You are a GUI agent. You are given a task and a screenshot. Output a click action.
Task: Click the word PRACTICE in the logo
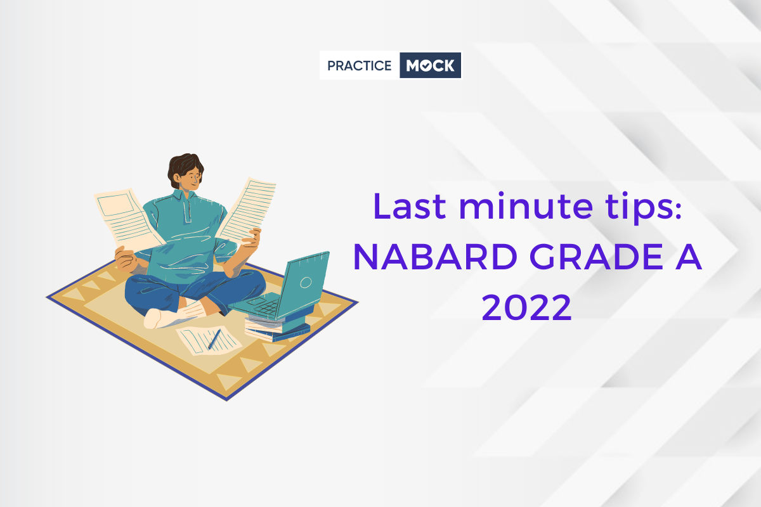pyautogui.click(x=359, y=65)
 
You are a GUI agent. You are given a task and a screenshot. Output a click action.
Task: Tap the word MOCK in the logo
pyautogui.click(x=430, y=65)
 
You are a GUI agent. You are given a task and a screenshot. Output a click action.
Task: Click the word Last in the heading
pyautogui.click(x=409, y=206)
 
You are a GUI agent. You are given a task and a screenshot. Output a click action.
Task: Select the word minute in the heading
pyautogui.click(x=526, y=206)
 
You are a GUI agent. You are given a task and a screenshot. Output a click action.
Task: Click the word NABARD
pyautogui.click(x=435, y=257)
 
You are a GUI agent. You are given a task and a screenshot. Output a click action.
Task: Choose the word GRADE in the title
pyautogui.click(x=596, y=257)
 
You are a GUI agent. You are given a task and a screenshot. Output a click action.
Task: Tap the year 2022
pyautogui.click(x=526, y=307)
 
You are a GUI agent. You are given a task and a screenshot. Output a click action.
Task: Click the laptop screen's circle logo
pyautogui.click(x=306, y=282)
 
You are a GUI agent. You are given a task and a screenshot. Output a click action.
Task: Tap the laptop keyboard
pyautogui.click(x=263, y=305)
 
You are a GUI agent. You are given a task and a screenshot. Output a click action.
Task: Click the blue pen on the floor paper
pyautogui.click(x=214, y=339)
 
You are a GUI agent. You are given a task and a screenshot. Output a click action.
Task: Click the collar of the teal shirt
pyautogui.click(x=184, y=196)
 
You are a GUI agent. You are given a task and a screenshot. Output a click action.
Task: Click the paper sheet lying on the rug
pyautogui.click(x=209, y=340)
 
